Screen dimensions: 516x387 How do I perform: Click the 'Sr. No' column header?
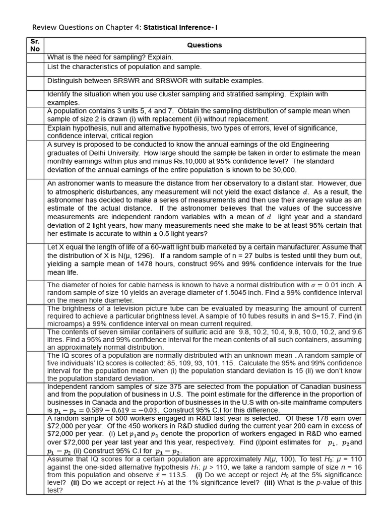pos(35,45)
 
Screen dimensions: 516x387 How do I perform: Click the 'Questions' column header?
pos(204,45)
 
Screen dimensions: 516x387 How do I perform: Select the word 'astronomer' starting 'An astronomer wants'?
pos(77,184)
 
